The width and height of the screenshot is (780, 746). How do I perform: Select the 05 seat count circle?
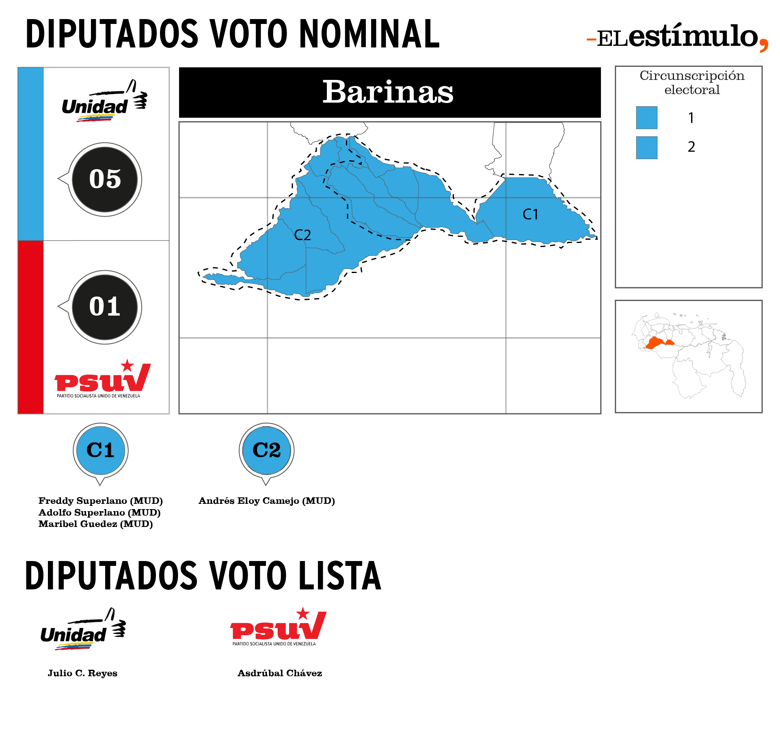click(x=105, y=179)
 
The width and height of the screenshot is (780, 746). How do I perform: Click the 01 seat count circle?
click(x=105, y=307)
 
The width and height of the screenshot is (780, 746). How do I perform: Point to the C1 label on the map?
click(x=530, y=214)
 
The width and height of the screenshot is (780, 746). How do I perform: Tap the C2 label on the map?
click(x=302, y=235)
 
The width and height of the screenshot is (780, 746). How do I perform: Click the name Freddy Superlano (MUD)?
click(x=101, y=501)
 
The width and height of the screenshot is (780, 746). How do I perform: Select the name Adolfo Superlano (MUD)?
click(x=99, y=512)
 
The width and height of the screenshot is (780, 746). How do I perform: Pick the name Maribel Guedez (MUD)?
click(x=96, y=524)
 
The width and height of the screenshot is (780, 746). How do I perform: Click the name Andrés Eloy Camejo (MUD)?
click(x=267, y=501)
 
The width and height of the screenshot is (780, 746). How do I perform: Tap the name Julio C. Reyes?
click(x=82, y=673)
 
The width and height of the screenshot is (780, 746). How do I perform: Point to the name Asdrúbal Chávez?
click(x=280, y=673)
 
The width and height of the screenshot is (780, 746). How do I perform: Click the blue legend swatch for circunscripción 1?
click(x=646, y=118)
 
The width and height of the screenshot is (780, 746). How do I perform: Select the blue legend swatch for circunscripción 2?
click(x=646, y=148)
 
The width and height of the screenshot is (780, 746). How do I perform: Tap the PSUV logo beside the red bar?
click(x=102, y=378)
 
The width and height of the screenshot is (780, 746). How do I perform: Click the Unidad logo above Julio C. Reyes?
click(x=83, y=629)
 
